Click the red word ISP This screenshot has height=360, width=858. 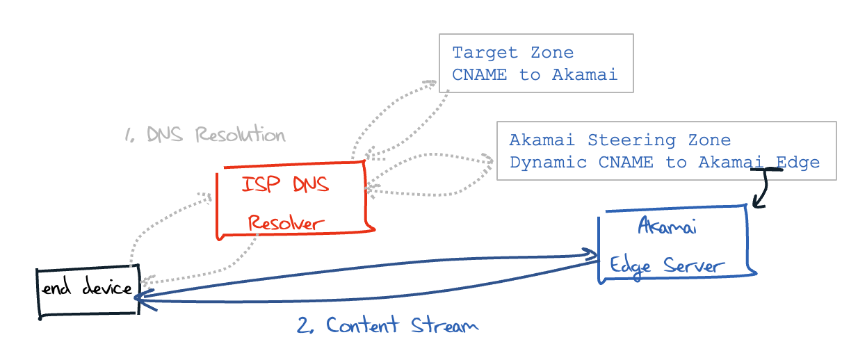(262, 184)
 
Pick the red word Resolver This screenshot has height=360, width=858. (286, 223)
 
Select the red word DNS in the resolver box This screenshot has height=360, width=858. (309, 184)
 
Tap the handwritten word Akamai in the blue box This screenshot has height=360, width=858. (667, 227)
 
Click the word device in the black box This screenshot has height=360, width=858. (107, 288)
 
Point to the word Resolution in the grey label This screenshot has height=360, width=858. (240, 135)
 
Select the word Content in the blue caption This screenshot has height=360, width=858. (362, 325)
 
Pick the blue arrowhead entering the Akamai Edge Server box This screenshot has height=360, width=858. (592, 254)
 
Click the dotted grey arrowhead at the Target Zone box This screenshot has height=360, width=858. (431, 84)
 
